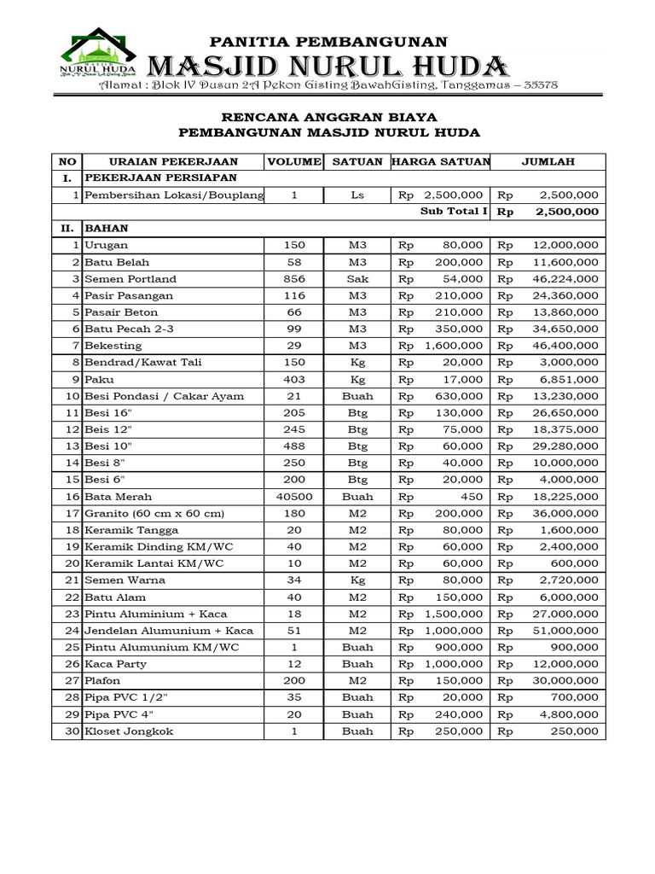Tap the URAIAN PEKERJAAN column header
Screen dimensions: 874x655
click(173, 161)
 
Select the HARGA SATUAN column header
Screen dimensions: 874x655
click(441, 161)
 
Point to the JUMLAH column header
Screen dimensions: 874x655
click(548, 161)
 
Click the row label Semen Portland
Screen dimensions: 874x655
click(130, 279)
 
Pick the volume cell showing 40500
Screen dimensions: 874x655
click(293, 497)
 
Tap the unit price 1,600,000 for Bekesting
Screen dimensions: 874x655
click(455, 346)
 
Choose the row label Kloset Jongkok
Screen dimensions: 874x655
click(127, 731)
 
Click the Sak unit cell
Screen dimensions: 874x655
click(356, 279)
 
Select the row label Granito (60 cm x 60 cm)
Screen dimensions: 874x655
click(154, 513)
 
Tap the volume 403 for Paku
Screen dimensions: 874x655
click(293, 380)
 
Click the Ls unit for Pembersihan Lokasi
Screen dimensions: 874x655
click(356, 195)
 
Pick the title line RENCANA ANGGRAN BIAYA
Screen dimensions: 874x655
click(328, 115)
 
